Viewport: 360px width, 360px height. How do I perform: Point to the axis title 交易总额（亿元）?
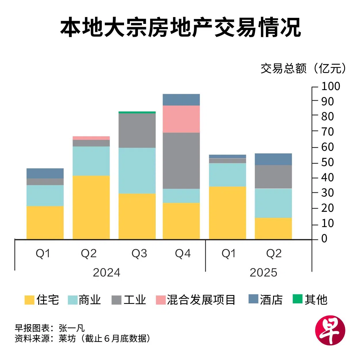click(x=304, y=68)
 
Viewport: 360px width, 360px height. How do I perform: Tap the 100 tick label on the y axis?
click(x=331, y=86)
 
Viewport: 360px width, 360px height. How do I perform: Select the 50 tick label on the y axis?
click(x=327, y=162)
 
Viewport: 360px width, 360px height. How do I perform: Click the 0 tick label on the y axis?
click(x=324, y=238)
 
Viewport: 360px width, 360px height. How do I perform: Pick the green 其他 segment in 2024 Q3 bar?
click(x=137, y=112)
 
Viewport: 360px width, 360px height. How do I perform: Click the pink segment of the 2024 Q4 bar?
click(x=181, y=119)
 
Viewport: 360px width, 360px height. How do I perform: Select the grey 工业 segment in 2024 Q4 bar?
click(x=181, y=160)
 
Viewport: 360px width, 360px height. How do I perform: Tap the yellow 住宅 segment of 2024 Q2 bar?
click(x=91, y=207)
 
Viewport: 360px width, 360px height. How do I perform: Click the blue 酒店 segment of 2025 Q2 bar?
click(x=273, y=159)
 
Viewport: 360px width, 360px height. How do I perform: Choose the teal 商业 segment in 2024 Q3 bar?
click(x=137, y=170)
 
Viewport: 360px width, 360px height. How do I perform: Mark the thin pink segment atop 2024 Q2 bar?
click(x=91, y=138)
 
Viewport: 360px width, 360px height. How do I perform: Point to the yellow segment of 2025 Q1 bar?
click(x=227, y=213)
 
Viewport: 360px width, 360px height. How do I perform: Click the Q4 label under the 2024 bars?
click(x=183, y=253)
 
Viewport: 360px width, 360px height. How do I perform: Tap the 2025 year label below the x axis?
click(x=263, y=272)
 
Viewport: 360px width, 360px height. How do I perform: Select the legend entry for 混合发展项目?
click(x=196, y=300)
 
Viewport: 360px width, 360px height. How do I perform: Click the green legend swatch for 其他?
click(x=297, y=299)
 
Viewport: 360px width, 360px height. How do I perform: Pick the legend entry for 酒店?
click(x=266, y=300)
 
